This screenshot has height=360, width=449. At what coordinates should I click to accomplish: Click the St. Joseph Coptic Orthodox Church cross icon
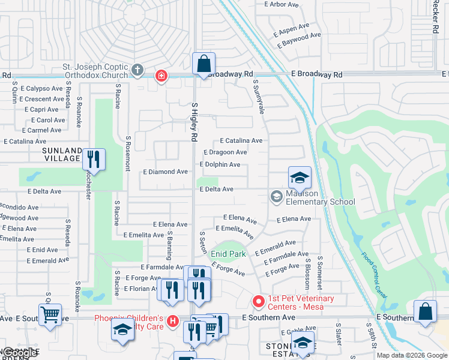(137, 70)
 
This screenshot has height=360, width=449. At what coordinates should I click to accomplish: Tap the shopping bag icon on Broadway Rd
(203, 64)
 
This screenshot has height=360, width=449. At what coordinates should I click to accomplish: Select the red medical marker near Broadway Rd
(161, 76)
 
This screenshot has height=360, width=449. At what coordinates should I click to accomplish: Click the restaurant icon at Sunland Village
(93, 159)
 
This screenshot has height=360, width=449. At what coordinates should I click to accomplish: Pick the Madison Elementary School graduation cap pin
(300, 178)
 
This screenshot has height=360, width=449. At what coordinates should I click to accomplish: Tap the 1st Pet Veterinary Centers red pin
(258, 300)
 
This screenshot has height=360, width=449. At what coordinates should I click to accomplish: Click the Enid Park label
(228, 254)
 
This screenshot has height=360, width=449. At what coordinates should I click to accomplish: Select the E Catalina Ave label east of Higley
(241, 140)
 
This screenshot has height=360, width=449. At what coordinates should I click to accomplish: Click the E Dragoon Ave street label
(225, 152)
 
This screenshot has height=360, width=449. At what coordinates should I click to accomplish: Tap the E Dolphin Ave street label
(220, 164)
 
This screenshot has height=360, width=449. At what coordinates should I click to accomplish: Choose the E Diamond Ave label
(165, 172)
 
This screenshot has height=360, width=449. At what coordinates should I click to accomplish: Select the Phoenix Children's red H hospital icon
(173, 322)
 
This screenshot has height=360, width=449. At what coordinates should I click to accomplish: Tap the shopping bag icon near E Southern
(425, 311)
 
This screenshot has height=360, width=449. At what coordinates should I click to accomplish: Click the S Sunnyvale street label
(259, 96)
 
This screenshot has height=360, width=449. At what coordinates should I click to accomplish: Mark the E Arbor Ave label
(282, 4)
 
